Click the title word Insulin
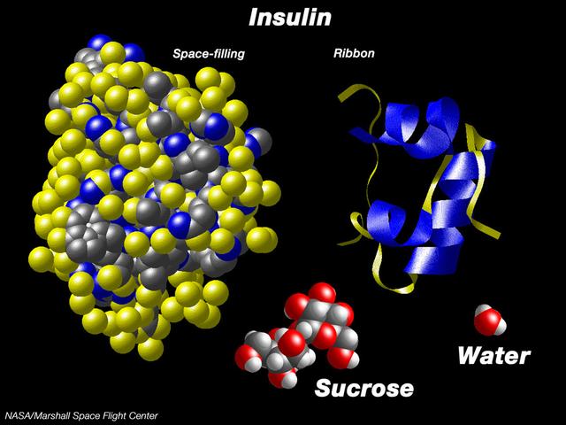point(290,18)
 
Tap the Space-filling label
point(209,54)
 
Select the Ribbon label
point(354,53)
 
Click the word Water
point(494,356)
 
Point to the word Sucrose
point(364,388)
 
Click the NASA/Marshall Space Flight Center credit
point(81,415)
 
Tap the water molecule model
point(490,320)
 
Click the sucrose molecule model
point(297,336)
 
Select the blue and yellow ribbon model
point(418,188)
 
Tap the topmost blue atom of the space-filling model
point(99,42)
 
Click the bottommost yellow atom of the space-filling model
point(150,349)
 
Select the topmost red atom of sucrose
point(322,293)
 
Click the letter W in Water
point(470,356)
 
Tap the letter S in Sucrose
point(325,388)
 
